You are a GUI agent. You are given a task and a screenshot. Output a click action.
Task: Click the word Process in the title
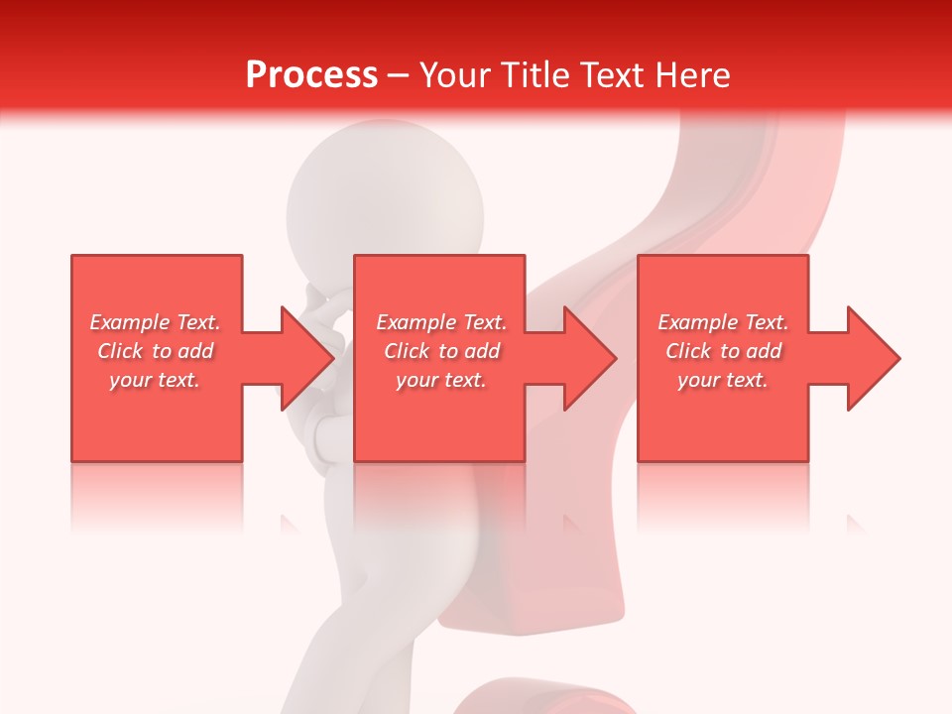[311, 75]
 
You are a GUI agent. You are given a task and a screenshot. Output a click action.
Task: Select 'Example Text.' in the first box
[155, 322]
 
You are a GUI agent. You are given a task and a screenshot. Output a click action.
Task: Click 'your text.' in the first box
[155, 380]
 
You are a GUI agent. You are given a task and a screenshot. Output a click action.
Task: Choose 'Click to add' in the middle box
[441, 351]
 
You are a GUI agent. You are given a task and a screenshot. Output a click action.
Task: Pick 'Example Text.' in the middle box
[441, 322]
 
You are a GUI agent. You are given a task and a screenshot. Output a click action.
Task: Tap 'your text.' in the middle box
[441, 380]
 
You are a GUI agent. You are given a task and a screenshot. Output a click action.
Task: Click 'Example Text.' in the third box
[723, 322]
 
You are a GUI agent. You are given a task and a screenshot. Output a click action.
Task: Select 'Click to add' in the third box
[723, 351]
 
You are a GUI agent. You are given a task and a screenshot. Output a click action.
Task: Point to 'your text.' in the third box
[723, 380]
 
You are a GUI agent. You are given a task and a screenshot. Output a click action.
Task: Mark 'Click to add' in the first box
[155, 351]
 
